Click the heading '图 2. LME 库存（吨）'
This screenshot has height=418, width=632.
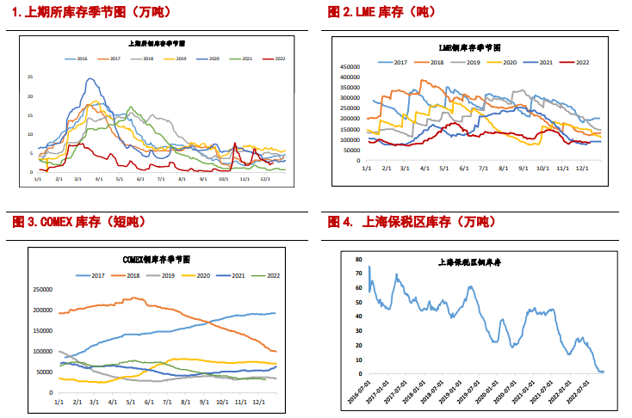(x=382, y=12)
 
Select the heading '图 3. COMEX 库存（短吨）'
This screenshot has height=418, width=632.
(x=79, y=222)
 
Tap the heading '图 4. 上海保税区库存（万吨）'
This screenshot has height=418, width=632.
(x=412, y=222)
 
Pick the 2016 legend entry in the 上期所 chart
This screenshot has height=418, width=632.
(x=77, y=58)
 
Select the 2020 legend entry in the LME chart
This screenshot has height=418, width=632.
(x=504, y=63)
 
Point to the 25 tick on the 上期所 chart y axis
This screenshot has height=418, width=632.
(x=30, y=77)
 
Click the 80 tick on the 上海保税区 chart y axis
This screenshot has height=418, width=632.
(x=358, y=256)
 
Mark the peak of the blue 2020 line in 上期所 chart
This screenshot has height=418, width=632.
(x=90, y=79)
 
